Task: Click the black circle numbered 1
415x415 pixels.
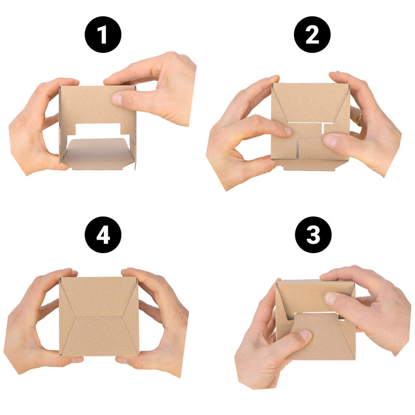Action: click(x=103, y=34)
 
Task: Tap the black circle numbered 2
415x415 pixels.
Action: click(x=312, y=34)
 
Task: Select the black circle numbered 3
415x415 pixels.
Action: click(x=313, y=234)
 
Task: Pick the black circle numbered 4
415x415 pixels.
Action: click(x=103, y=234)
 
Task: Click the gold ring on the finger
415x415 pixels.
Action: click(x=359, y=120)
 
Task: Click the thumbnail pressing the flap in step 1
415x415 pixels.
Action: click(x=117, y=99)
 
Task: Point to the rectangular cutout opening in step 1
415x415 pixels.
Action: click(x=98, y=130)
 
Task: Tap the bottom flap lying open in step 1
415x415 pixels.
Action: click(x=98, y=154)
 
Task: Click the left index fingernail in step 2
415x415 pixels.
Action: click(x=288, y=131)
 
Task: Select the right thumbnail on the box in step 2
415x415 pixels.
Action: click(x=330, y=141)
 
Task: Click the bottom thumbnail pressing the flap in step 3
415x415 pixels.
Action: click(x=305, y=335)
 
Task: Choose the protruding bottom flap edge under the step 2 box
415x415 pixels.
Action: click(x=310, y=165)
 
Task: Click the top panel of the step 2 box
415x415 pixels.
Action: click(x=310, y=103)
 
